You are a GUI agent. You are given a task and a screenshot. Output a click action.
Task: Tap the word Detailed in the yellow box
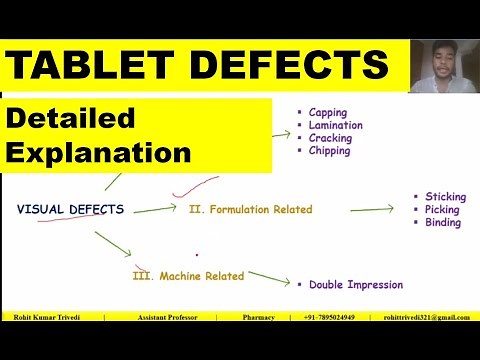point(71,118)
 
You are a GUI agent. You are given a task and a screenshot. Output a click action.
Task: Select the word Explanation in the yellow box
point(99,153)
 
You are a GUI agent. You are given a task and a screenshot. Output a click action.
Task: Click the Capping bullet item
point(328,113)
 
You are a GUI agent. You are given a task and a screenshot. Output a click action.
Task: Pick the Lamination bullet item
point(335,126)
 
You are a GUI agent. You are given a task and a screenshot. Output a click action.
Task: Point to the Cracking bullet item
point(330,138)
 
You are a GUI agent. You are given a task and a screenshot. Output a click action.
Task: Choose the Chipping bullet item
point(330,151)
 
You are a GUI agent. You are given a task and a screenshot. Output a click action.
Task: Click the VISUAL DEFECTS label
point(71,210)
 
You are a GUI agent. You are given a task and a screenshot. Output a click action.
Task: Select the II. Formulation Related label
point(250,210)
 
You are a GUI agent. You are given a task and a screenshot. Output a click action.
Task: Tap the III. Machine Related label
point(188,276)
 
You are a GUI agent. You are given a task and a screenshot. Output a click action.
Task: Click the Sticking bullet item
point(445,198)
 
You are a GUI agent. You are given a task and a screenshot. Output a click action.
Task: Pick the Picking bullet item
point(442,210)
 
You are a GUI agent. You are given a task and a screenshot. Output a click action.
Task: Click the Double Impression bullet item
point(356,285)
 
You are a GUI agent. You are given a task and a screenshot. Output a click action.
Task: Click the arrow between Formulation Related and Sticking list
point(371,210)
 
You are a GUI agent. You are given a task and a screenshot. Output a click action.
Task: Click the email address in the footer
point(426,318)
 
